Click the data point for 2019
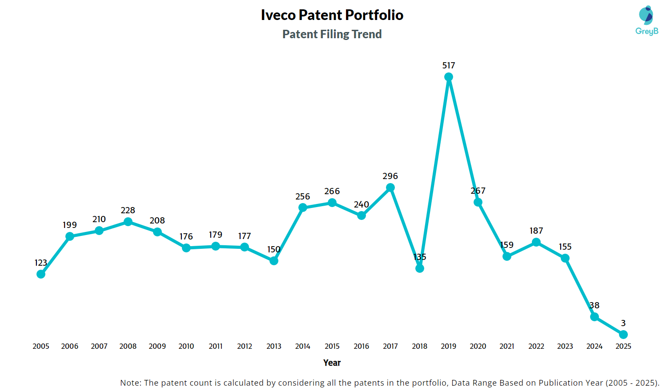click(449, 77)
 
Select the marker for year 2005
click(41, 274)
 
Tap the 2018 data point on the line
click(419, 268)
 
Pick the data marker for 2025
click(623, 334)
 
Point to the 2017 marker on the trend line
click(390, 188)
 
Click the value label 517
click(449, 65)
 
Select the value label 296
click(390, 176)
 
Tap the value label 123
click(41, 263)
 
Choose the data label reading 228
click(128, 210)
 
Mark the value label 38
click(595, 305)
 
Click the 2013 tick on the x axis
click(274, 346)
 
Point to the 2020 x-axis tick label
click(478, 346)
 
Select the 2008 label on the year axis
click(128, 346)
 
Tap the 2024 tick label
click(595, 346)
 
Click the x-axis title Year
click(332, 363)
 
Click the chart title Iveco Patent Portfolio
click(332, 15)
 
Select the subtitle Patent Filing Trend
click(332, 34)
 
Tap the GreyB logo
click(647, 20)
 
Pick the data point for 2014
click(303, 207)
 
